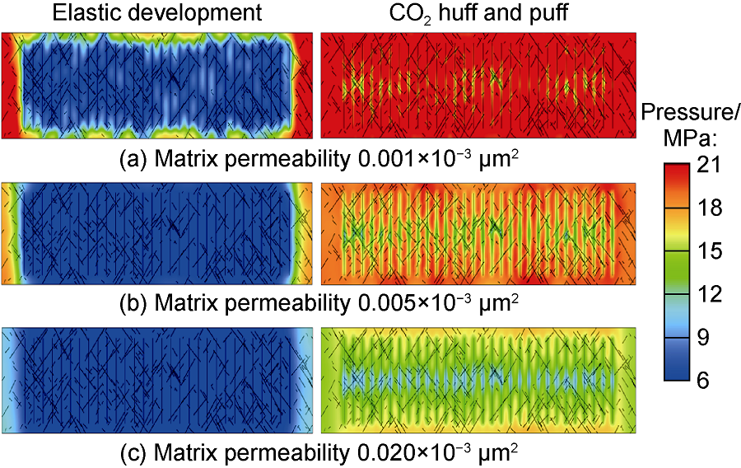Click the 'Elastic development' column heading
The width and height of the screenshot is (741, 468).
click(157, 13)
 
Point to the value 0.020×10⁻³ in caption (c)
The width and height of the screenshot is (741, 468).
click(409, 452)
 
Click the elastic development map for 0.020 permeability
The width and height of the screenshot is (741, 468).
click(157, 381)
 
